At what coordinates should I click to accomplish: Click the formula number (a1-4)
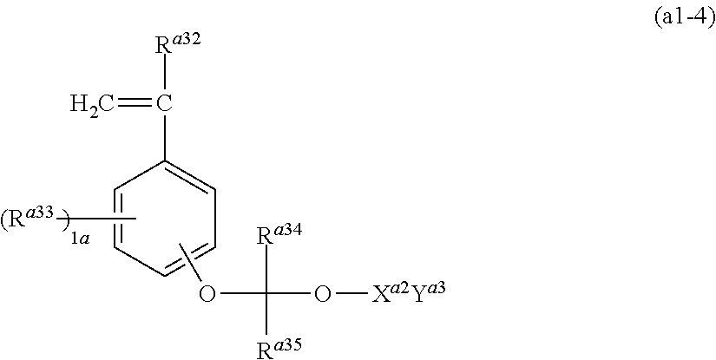coord(683,19)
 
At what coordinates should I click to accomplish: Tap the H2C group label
coord(94,105)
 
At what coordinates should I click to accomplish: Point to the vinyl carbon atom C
coord(163,105)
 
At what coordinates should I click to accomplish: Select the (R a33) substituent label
coord(34,219)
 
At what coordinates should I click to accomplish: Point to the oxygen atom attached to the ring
coord(207,294)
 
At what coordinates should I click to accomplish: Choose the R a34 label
coord(278,234)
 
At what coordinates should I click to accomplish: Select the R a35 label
coord(278,349)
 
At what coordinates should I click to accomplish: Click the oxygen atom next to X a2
coord(322,294)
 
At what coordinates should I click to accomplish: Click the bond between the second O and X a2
coord(351,294)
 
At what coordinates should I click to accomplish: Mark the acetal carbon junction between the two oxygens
coord(266,294)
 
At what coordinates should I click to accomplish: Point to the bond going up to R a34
coord(266,269)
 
